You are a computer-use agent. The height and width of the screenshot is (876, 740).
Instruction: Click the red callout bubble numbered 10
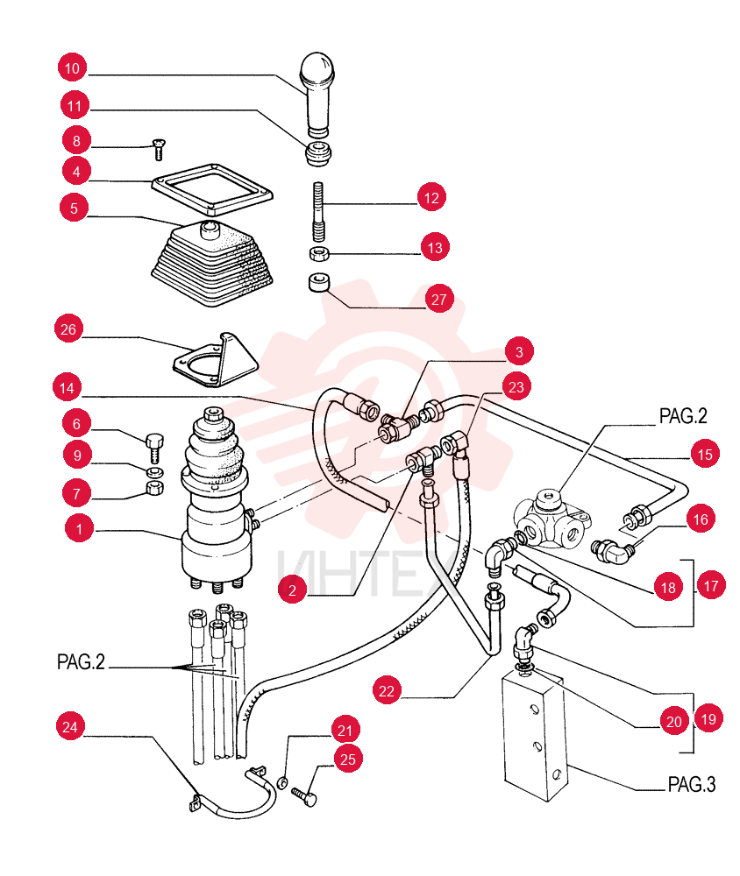coord(72,68)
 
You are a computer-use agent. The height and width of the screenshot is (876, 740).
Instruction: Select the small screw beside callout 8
coord(160,150)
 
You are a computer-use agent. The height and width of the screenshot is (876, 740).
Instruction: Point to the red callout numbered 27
coord(439,300)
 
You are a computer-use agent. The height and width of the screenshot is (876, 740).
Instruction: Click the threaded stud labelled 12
coord(318,211)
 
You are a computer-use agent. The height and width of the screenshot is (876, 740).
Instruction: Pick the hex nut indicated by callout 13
coord(319,254)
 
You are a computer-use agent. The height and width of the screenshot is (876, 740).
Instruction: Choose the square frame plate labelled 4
coord(212,189)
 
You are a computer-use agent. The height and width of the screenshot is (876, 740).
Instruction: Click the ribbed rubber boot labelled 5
coord(212,264)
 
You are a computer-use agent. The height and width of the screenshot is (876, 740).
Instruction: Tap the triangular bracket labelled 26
coord(217,361)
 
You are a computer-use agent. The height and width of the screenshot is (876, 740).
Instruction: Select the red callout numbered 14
coord(67,388)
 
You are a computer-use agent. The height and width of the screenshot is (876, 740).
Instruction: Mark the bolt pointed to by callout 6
coord(155,448)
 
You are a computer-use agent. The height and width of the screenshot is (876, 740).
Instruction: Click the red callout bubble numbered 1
coord(79,528)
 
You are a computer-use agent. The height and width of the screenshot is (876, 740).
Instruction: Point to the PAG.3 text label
coord(691,784)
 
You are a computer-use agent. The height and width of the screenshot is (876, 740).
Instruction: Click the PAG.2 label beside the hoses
coord(82,662)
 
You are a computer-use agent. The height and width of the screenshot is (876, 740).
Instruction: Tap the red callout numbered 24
coord(70,727)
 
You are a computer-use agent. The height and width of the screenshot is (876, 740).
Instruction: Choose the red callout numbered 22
coord(387,691)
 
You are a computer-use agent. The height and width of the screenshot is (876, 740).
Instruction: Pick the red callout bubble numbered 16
coord(701,519)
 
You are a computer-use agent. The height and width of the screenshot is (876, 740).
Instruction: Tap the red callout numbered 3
coord(519,351)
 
